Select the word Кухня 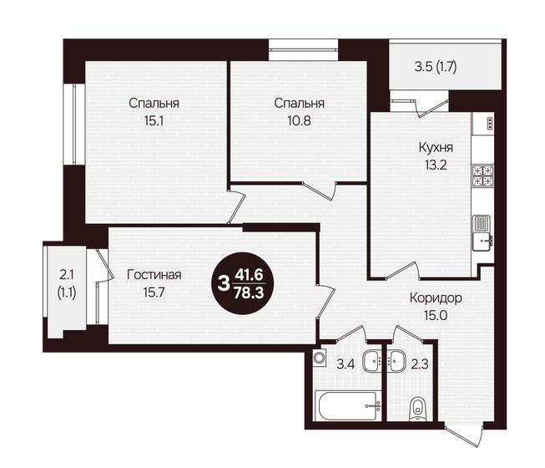(434, 147)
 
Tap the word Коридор (436, 298)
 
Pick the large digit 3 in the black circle (223, 282)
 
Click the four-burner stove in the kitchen (483, 176)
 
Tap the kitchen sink (482, 232)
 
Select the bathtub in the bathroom (347, 409)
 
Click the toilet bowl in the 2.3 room (418, 409)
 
